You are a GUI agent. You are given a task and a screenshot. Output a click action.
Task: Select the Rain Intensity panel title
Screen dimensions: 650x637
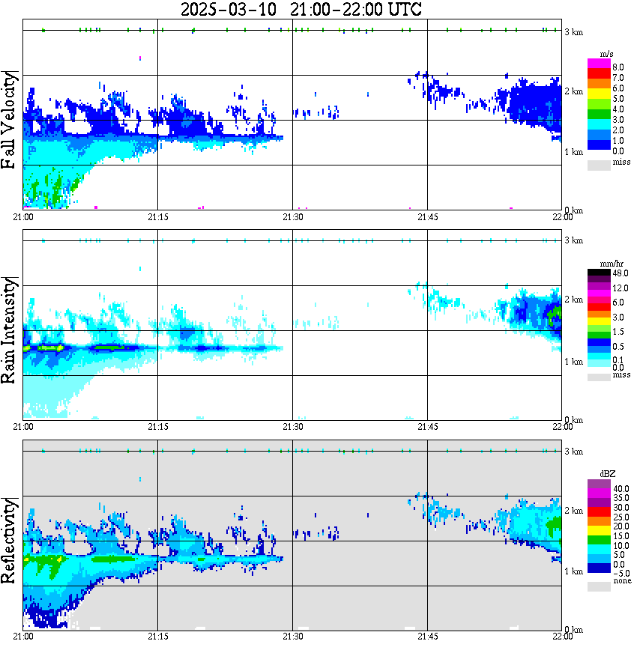click(10, 329)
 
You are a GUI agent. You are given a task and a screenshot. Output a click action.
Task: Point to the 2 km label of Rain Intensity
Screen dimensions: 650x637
click(574, 300)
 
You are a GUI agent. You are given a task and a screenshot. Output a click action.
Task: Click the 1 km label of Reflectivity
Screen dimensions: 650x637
click(574, 571)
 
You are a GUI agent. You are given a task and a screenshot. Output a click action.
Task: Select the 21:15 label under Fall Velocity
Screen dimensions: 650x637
click(157, 216)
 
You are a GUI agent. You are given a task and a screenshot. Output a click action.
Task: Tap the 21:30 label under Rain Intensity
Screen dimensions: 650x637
click(292, 426)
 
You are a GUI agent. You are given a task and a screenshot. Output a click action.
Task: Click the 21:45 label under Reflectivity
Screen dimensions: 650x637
click(427, 636)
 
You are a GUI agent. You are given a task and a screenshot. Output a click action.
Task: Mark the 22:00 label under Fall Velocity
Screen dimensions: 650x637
click(562, 216)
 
